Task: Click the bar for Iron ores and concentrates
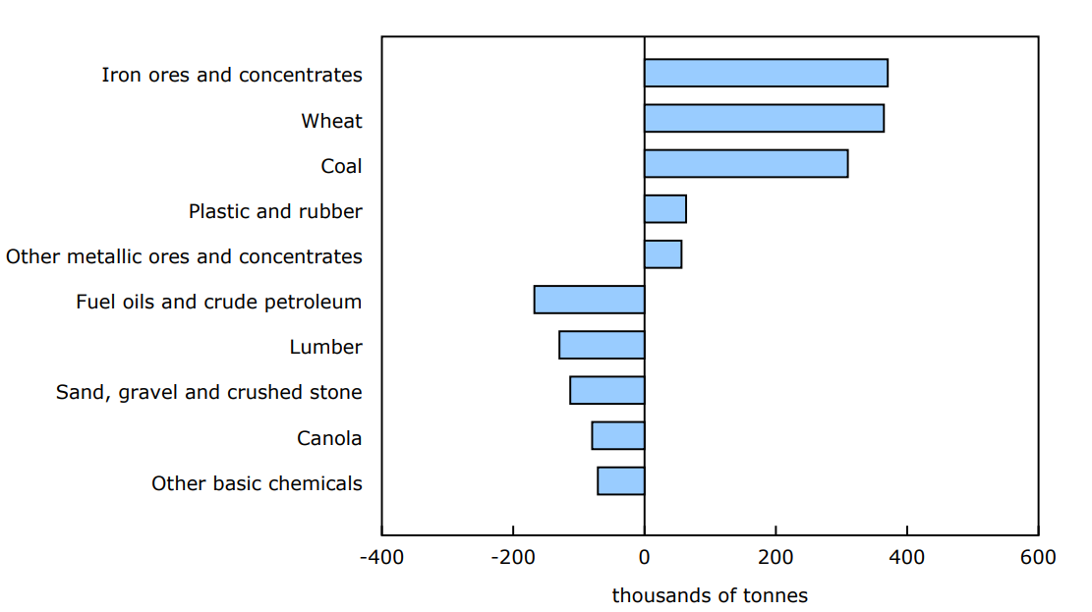766,73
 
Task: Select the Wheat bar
764,118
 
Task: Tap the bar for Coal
746,164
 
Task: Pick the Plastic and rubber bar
665,209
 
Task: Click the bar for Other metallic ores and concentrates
662,254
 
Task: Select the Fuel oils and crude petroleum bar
590,300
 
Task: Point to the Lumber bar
602,345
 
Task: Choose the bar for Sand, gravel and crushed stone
607,390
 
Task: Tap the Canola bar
618,435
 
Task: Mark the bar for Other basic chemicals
621,480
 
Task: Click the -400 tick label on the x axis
381,558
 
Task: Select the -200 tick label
512,558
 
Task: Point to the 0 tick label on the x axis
645,558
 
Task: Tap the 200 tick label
776,558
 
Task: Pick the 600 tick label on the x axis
1038,558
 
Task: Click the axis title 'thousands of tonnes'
710,595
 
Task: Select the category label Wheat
331,121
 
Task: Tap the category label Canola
329,438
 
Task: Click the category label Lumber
325,347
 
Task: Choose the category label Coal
341,166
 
